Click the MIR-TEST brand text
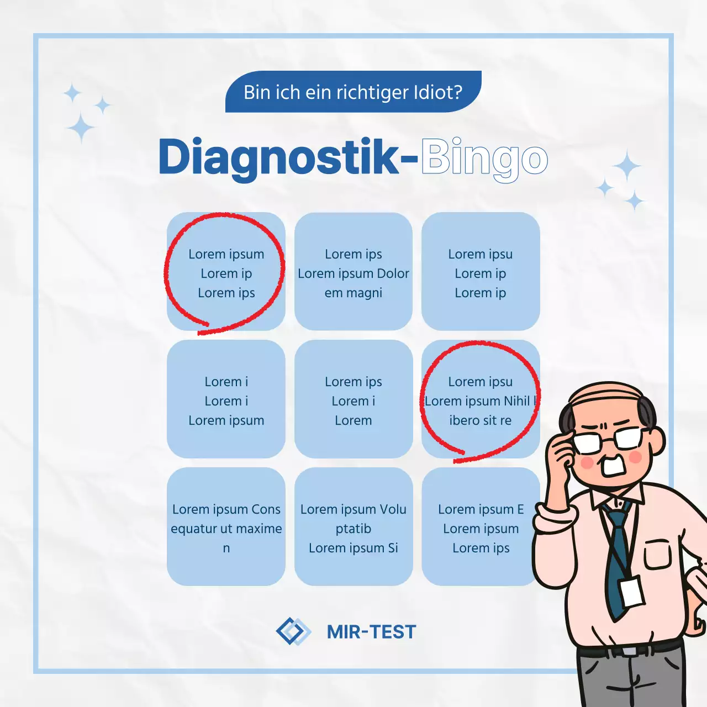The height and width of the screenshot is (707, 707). (x=371, y=632)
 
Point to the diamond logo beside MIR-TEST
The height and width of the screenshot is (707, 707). (x=293, y=631)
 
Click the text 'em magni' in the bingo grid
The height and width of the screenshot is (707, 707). (x=353, y=293)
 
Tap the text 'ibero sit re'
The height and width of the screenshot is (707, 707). (x=480, y=420)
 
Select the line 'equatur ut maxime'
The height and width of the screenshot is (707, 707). (x=226, y=529)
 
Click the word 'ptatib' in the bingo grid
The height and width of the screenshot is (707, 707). (x=353, y=529)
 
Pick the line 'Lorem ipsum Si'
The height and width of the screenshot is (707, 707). (x=353, y=548)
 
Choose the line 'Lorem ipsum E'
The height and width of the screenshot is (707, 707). (x=481, y=509)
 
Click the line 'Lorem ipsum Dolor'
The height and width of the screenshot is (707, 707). (x=353, y=273)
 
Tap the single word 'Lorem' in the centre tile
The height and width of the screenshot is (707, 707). (x=353, y=420)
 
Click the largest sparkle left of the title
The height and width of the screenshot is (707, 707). (x=81, y=128)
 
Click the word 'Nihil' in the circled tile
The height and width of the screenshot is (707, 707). (x=516, y=401)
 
